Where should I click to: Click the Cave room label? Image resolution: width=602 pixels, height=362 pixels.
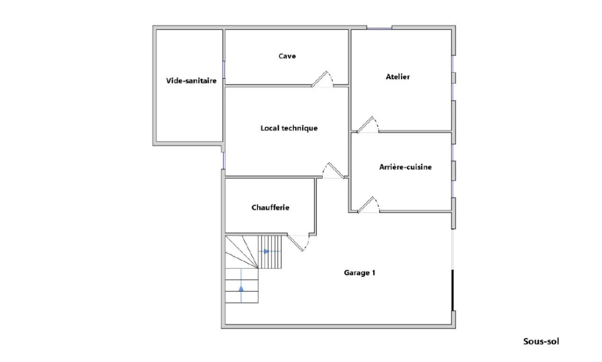click(287, 56)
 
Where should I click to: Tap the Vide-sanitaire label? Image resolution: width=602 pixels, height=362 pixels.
click(191, 81)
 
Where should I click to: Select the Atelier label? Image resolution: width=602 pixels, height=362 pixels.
click(398, 77)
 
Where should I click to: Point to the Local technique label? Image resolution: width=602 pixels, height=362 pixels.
click(289, 128)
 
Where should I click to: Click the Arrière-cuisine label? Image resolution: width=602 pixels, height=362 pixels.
click(406, 167)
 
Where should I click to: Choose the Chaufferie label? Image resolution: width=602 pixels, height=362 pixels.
click(270, 207)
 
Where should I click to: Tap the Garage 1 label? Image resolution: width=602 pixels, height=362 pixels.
click(359, 273)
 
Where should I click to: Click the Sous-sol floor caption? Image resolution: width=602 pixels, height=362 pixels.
click(541, 341)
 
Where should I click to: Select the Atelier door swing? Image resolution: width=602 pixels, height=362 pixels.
click(367, 125)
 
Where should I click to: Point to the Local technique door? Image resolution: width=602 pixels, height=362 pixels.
click(333, 171)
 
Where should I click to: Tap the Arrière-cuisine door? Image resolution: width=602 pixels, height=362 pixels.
click(369, 205)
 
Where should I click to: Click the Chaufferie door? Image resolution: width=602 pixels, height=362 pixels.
click(298, 243)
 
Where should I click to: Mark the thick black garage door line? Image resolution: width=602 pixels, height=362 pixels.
click(453, 290)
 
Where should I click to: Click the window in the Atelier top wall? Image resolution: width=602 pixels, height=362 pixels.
click(379, 28)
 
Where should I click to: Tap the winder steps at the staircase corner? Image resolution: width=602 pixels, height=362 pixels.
click(242, 252)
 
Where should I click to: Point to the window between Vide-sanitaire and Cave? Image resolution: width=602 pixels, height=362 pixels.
click(224, 69)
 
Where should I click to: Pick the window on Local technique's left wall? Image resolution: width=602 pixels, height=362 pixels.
click(223, 160)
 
